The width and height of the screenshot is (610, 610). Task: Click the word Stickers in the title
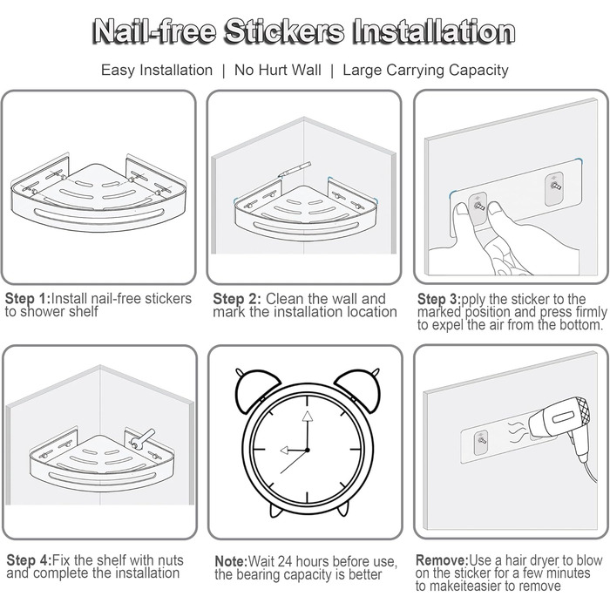pyautogui.click(x=284, y=32)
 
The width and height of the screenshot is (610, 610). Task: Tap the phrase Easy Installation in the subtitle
pyautogui.click(x=157, y=70)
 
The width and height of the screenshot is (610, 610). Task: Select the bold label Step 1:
pyautogui.click(x=28, y=299)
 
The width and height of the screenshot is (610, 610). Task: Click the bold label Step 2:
pyautogui.click(x=237, y=299)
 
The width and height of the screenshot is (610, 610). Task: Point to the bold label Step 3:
pyautogui.click(x=439, y=299)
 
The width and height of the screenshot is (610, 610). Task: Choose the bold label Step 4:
pyautogui.click(x=29, y=560)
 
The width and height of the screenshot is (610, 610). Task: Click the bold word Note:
pyautogui.click(x=231, y=561)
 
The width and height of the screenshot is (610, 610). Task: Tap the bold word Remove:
pyautogui.click(x=443, y=560)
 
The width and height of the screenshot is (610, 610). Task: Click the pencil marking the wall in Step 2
pyautogui.click(x=295, y=169)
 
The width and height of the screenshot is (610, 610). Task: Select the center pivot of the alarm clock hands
pyautogui.click(x=308, y=451)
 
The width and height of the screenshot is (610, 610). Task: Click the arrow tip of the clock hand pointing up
pyautogui.click(x=308, y=412)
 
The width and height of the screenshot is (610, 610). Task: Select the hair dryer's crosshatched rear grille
pyautogui.click(x=579, y=411)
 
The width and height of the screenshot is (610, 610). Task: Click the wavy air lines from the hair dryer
pyautogui.click(x=517, y=430)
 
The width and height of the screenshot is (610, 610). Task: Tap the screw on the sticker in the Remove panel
pyautogui.click(x=481, y=441)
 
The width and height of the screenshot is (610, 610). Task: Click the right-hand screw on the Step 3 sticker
pyautogui.click(x=554, y=186)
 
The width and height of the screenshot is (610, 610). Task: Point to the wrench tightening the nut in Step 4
pyautogui.click(x=142, y=438)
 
